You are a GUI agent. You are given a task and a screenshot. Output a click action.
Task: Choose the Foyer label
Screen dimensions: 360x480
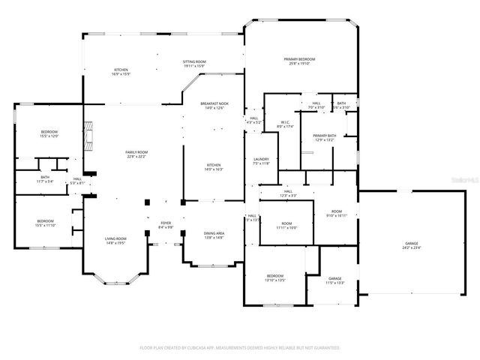pos(166,225)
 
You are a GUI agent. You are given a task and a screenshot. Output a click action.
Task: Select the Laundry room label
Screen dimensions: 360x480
pos(261,160)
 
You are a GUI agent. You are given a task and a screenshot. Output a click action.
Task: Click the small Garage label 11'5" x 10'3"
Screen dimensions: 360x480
pos(334,280)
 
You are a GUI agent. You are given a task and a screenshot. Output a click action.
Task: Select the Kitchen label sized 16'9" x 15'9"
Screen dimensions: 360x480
pos(121,72)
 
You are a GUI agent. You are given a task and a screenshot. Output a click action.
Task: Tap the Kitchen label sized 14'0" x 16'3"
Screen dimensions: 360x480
pos(214,167)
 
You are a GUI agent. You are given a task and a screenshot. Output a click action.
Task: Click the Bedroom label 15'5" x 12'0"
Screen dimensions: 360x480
pos(49,134)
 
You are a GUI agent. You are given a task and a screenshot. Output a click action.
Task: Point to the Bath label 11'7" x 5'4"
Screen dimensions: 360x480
pos(45,179)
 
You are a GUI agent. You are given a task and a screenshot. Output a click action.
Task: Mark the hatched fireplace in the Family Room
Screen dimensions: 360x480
pos(89,136)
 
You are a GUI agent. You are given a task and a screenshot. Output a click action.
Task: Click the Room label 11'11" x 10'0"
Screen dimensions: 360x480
pos(286,226)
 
